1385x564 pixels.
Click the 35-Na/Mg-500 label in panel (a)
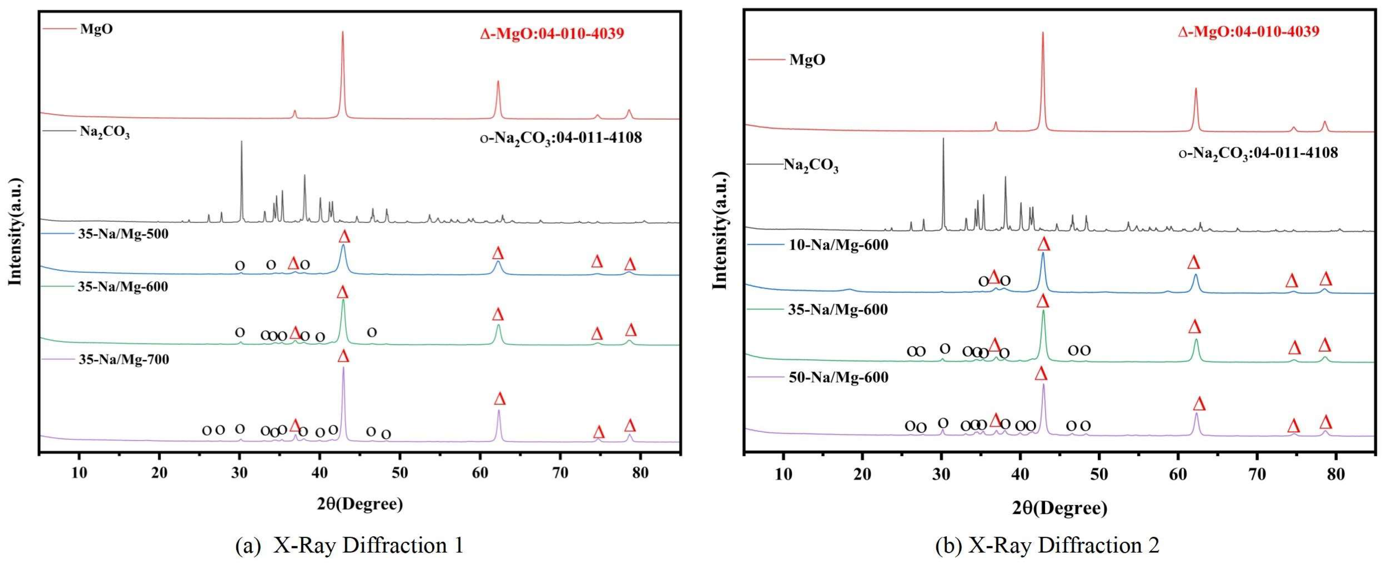(123, 235)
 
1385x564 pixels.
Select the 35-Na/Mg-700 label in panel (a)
(124, 360)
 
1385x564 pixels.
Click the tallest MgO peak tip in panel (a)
(343, 32)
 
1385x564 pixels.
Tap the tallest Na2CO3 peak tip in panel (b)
(943, 139)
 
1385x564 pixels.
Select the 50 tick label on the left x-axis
(399, 474)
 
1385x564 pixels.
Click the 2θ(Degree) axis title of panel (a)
(359, 504)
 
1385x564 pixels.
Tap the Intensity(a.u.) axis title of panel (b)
(719, 231)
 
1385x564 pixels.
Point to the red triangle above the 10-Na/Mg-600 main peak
(1043, 244)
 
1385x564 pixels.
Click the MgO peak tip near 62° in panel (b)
(1196, 89)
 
